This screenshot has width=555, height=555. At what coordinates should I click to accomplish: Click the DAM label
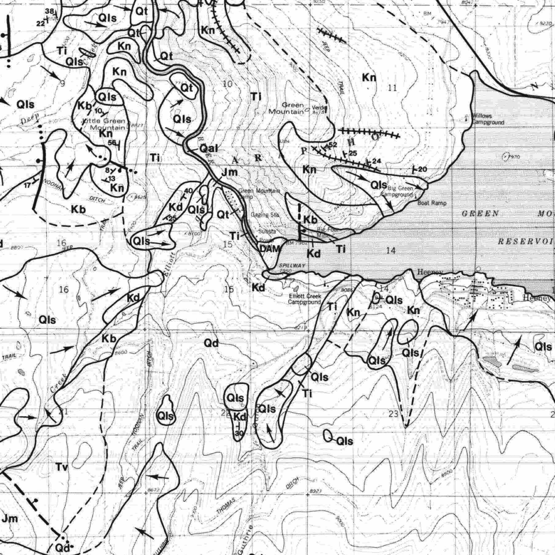[268, 248]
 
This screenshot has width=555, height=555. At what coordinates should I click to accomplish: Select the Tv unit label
[62, 466]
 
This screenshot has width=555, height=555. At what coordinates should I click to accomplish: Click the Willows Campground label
[489, 120]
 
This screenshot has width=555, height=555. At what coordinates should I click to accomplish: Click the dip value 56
[113, 142]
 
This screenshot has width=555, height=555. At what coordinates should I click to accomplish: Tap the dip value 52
[332, 145]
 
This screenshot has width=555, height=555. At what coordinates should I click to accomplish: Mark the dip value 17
[27, 185]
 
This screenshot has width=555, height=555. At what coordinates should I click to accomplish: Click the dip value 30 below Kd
[239, 432]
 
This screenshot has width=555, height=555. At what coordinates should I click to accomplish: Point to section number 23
[393, 413]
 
